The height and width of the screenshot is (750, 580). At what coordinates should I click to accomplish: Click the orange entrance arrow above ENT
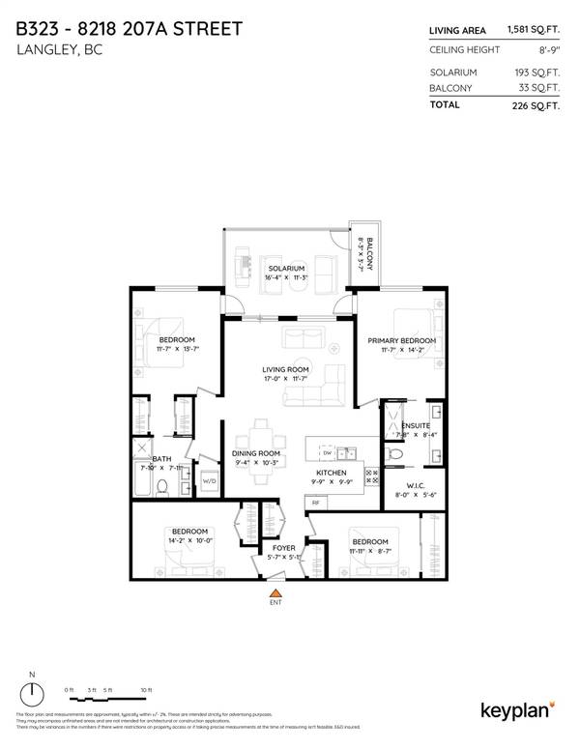click(276, 592)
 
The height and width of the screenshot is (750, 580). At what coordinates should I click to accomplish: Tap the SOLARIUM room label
click(287, 268)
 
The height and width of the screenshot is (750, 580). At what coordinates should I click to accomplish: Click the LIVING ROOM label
click(285, 369)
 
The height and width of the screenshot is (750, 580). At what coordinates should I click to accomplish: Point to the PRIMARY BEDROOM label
click(402, 341)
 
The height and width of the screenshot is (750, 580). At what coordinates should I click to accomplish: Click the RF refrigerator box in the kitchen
click(315, 503)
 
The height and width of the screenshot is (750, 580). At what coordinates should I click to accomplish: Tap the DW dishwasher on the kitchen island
click(327, 451)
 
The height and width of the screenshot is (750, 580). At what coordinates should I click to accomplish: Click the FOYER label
click(283, 548)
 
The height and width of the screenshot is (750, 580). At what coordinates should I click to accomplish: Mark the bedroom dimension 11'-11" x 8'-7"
click(369, 551)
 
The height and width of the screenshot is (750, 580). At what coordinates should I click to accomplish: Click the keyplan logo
click(517, 710)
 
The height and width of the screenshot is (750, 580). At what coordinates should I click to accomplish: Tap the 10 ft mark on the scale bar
click(146, 689)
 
